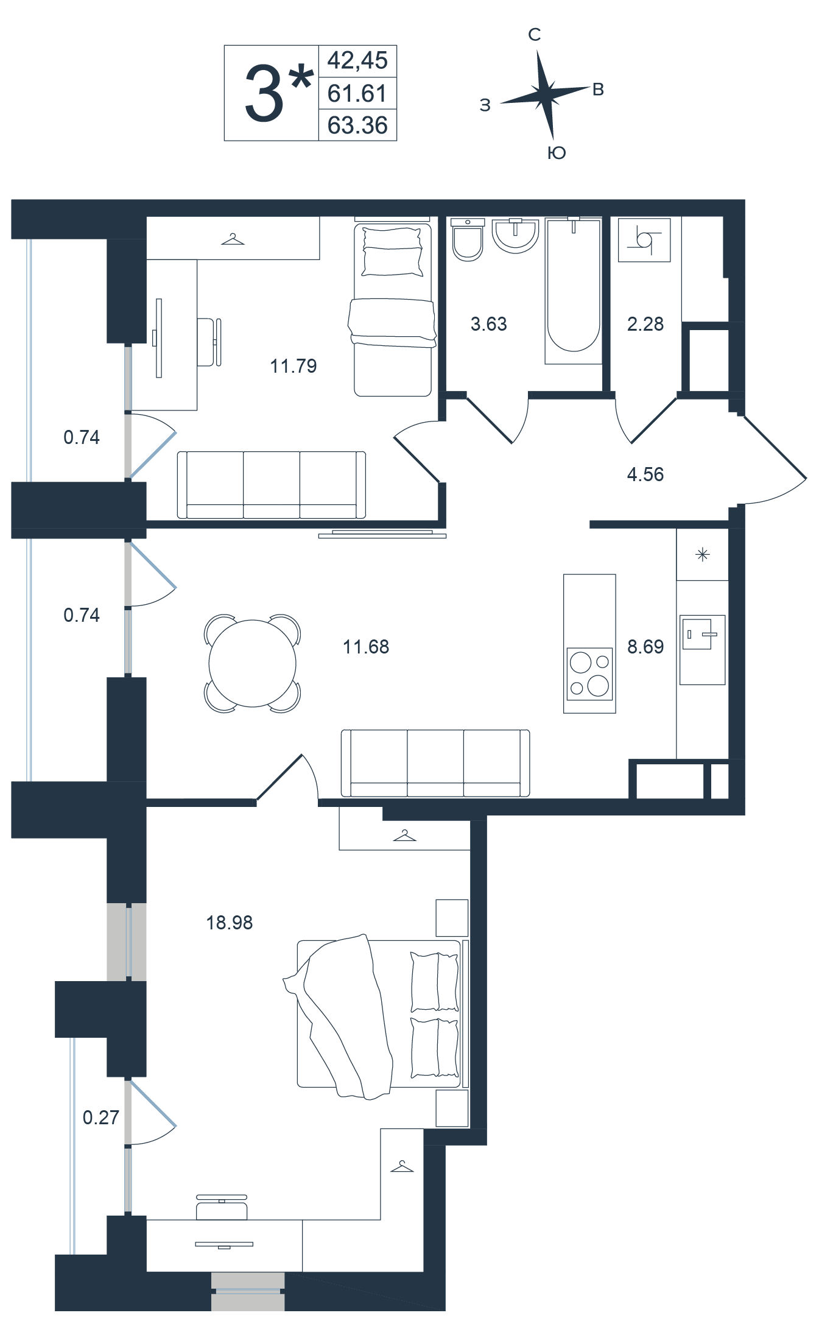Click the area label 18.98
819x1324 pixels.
tap(229, 923)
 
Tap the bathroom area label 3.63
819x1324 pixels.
tap(488, 324)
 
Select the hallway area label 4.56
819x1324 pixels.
tap(645, 474)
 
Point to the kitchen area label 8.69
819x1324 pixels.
tap(645, 647)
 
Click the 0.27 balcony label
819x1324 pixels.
tap(100, 1118)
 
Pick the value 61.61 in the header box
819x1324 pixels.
tap(357, 93)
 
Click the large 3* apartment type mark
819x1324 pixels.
tap(277, 93)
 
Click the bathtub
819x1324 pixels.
tap(574, 291)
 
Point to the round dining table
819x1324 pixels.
tap(252, 663)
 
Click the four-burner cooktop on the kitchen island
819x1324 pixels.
tap(589, 674)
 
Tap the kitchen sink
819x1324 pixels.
tap(702, 633)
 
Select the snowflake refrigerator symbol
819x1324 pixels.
tap(703, 555)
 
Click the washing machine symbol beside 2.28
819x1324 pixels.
tap(644, 240)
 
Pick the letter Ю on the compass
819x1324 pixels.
tap(557, 152)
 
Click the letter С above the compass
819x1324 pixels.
tap(534, 35)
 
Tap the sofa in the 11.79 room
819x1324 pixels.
tap(271, 485)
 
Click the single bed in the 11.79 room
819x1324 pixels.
tap(392, 309)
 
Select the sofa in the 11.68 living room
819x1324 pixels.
tap(435, 763)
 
